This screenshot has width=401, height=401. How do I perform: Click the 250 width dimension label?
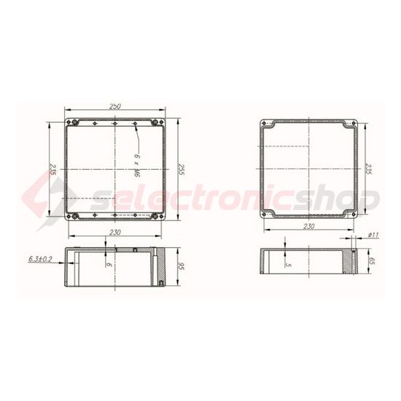tap(115, 106)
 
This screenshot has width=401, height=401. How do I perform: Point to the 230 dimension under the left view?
tap(115, 231)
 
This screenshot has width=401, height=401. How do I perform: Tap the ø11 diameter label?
tap(372, 234)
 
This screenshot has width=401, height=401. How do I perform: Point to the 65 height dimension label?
tap(372, 260)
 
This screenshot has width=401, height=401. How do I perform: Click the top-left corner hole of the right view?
tap(268, 124)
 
